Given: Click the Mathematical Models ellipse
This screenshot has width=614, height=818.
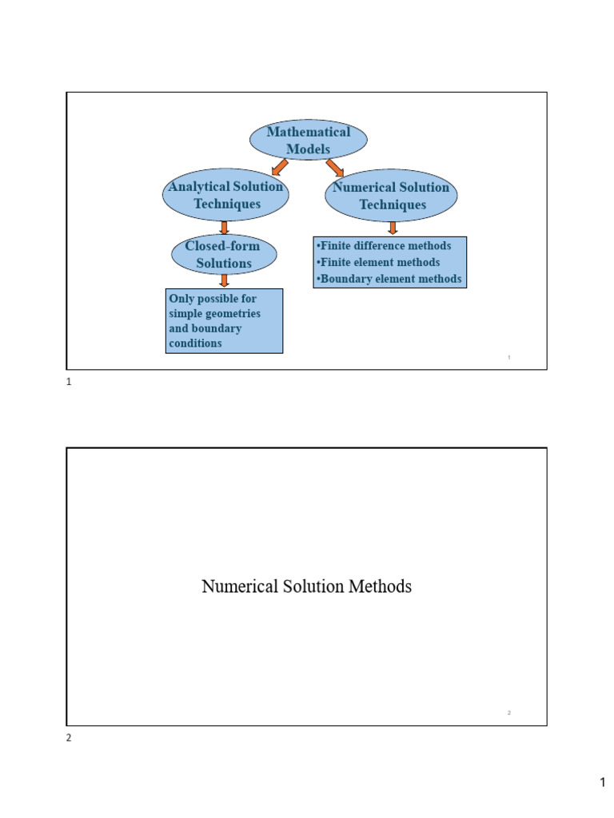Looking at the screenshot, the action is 308,141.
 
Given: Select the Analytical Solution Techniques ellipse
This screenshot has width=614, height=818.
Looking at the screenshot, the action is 225,195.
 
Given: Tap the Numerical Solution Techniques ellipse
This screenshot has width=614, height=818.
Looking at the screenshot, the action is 391,196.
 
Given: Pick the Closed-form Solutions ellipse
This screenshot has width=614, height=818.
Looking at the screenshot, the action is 224,254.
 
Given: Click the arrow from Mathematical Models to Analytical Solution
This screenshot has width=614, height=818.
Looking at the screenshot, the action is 278,167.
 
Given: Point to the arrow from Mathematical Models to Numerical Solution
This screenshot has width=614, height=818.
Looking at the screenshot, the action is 335,168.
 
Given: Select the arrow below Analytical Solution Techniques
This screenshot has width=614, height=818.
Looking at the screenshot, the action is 224,228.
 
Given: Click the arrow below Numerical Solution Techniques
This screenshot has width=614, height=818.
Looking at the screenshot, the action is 392,228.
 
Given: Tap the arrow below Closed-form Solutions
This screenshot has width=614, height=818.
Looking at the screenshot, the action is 224,280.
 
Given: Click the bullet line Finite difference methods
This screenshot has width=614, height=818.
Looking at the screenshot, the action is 384,246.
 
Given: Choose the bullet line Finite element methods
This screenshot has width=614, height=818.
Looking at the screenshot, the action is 378,262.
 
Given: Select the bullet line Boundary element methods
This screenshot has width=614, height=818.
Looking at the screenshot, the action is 389,279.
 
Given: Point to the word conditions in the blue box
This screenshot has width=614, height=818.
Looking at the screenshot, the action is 195,343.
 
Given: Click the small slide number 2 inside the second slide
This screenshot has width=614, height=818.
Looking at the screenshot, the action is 509,713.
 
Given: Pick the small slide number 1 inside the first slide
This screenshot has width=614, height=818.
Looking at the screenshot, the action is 509,357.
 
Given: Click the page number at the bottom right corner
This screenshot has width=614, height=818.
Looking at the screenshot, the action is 604,784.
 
